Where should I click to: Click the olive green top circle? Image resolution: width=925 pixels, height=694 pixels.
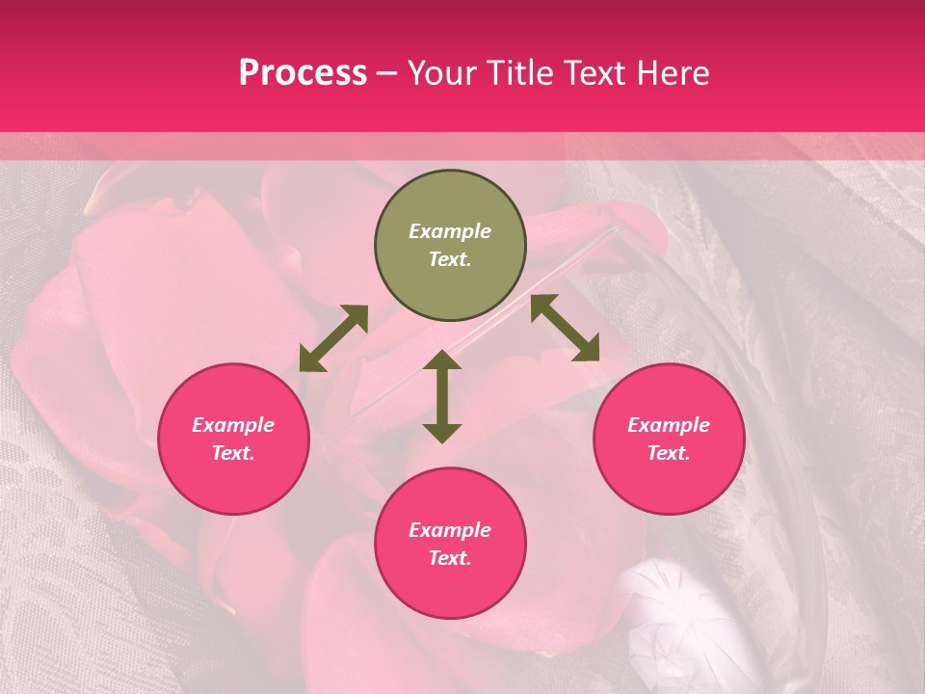coord(450,246)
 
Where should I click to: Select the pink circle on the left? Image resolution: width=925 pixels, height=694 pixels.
coord(233,440)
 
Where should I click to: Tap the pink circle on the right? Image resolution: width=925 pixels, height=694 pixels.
coord(669,440)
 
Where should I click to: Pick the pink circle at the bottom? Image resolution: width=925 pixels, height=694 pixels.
coord(450,544)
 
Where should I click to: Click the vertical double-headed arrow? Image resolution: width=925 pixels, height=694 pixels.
coord(442,397)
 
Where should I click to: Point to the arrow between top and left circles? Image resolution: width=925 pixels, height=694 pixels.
coord(333,338)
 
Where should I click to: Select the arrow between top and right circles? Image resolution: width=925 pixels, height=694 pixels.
coord(565,328)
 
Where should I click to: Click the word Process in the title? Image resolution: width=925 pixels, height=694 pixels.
coord(303,73)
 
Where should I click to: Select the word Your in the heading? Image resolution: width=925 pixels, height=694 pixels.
coord(441,73)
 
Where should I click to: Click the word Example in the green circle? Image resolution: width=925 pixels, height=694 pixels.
coord(450,231)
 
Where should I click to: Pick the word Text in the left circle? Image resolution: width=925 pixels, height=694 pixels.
coord(233,453)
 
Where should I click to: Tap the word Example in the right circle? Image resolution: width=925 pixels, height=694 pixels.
coord(669,425)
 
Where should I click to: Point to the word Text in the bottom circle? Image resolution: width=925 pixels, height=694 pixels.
coord(450,558)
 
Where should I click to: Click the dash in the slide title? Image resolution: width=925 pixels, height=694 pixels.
coord(387,74)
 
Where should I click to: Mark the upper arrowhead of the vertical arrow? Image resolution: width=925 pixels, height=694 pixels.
coord(442,360)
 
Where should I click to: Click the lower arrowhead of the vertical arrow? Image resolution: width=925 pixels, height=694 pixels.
coord(442,433)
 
